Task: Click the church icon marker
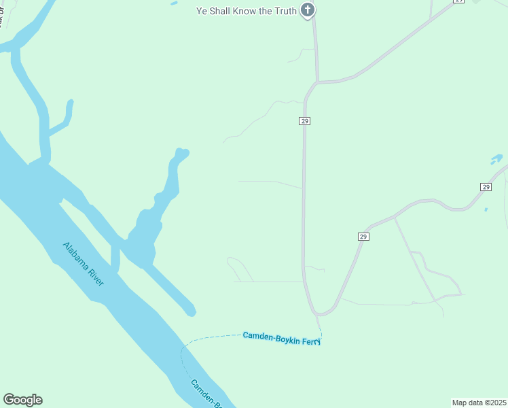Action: coord(308,10)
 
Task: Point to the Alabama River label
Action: coord(84,264)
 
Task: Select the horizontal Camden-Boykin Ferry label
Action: coord(281,337)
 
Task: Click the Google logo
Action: coord(22,400)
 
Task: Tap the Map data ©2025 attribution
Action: coord(479,403)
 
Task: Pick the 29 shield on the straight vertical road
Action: coord(304,120)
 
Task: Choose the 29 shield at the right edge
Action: coord(486,186)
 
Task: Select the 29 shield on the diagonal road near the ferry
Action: coord(363,236)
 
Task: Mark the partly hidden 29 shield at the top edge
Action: coord(459,1)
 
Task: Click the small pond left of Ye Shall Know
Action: coord(174,3)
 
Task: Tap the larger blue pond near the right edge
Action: coord(496,159)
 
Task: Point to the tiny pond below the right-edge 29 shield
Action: coord(486,209)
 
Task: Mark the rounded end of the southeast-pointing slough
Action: coord(192,311)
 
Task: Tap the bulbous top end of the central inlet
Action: coord(181,154)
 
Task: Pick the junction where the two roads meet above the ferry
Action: coord(316,313)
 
